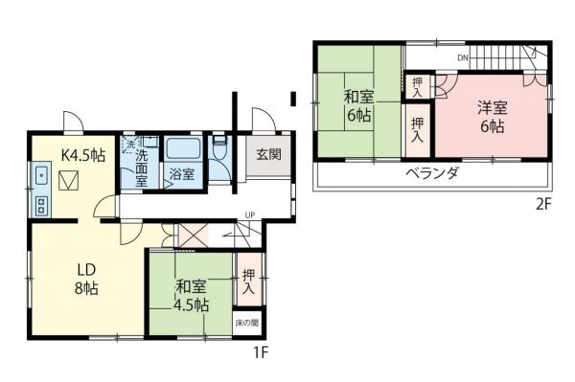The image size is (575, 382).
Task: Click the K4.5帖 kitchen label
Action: (84, 155)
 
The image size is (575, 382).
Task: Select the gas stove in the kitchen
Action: (42, 204)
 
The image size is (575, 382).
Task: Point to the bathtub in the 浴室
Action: (181, 150)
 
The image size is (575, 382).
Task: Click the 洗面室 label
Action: (141, 168)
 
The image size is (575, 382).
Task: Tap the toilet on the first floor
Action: (218, 148)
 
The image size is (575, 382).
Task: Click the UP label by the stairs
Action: (250, 214)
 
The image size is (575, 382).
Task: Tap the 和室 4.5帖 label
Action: (192, 295)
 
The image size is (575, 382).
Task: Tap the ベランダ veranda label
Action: (430, 173)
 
